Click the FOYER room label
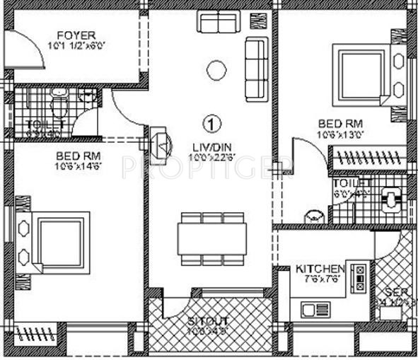click(x=73, y=35)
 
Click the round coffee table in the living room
click(x=216, y=69)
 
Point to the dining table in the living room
click(x=211, y=238)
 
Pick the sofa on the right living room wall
click(x=255, y=69)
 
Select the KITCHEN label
click(x=319, y=269)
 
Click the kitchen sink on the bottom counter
click(x=310, y=308)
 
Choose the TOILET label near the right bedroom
click(x=348, y=183)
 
